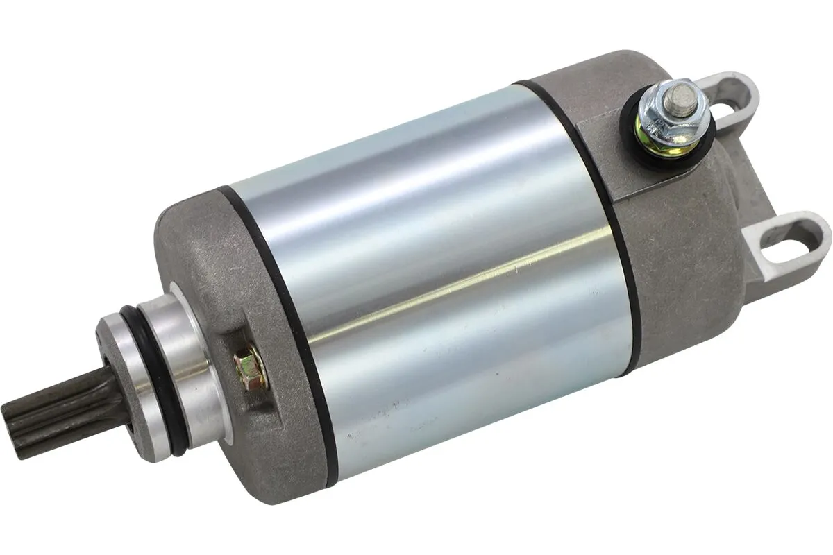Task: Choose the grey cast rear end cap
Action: (x=687, y=264)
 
